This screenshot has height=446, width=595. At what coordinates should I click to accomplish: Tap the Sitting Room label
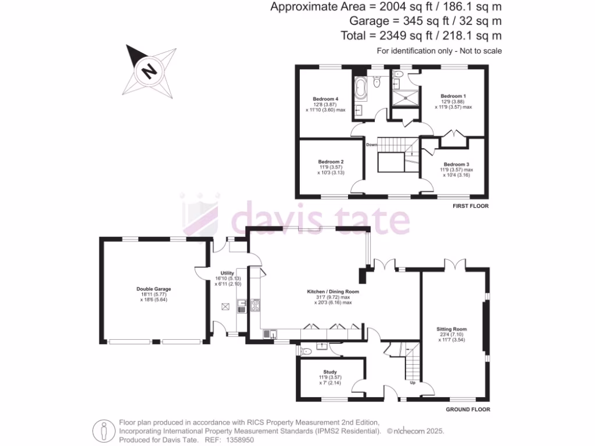(x=451, y=329)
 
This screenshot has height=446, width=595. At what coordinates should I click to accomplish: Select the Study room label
(x=330, y=372)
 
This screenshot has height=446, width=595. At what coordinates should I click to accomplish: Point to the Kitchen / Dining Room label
(x=333, y=292)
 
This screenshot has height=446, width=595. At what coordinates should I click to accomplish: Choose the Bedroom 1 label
(x=453, y=96)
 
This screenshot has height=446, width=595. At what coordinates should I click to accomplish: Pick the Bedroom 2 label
(x=331, y=161)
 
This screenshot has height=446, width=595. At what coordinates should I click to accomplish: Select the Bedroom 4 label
(x=325, y=99)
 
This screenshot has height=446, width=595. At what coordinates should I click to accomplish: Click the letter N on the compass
(x=149, y=71)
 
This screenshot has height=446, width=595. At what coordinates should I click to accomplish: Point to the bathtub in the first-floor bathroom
(x=360, y=90)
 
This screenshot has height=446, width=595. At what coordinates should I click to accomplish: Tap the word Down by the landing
(x=372, y=145)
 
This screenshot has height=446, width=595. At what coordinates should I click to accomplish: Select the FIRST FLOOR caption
(x=470, y=206)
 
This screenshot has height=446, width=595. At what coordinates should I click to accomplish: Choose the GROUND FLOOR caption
(x=468, y=409)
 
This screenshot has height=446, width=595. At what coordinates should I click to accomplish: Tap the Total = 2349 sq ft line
(x=421, y=35)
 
